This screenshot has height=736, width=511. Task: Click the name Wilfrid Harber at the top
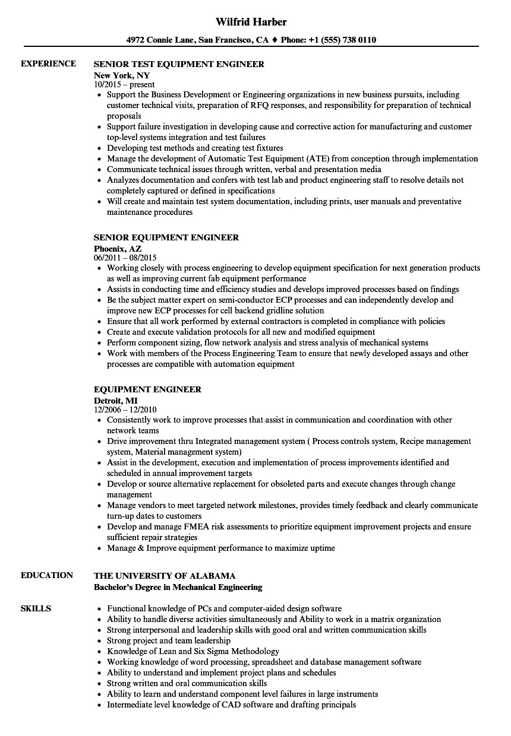point(251,22)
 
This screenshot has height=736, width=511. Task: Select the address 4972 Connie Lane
point(159,40)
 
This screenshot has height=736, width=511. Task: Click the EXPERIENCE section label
point(48,64)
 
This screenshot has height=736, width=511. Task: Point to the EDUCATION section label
point(47,575)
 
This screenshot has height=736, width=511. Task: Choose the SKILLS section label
point(36,608)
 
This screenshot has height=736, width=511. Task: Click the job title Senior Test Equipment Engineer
point(179,64)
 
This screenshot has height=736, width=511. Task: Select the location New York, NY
point(122,75)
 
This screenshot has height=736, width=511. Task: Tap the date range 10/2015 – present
point(124,84)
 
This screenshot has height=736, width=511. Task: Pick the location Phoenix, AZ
point(118,249)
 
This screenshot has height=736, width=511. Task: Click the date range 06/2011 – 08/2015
point(125,258)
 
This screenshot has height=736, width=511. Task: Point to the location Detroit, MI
point(115,401)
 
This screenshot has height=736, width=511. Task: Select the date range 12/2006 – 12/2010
point(125,410)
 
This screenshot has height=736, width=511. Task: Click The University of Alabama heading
point(165,576)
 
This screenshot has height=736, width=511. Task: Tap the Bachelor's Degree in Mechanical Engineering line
point(178,587)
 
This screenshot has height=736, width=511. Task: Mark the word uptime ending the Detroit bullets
point(321,548)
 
